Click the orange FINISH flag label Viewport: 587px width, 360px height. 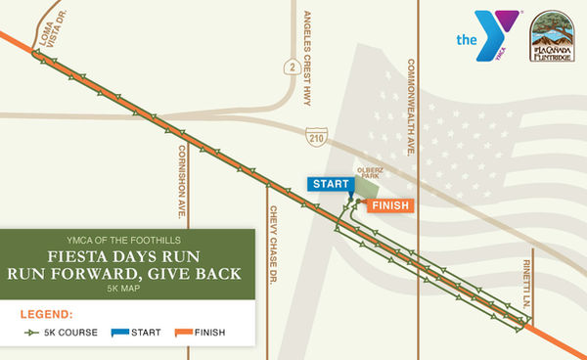tap(388, 205)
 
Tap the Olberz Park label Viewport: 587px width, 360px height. tap(370, 171)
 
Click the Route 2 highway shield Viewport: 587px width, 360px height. tap(291, 67)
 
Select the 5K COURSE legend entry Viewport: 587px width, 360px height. tap(61, 333)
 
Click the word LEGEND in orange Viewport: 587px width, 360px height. tap(47, 315)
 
